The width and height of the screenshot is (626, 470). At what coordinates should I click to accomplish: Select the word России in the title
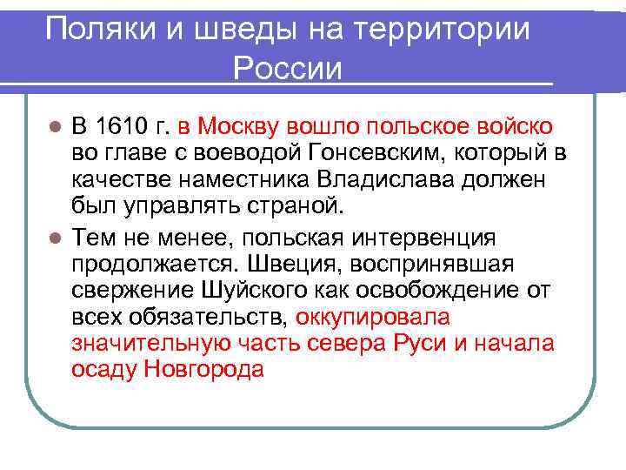point(288,68)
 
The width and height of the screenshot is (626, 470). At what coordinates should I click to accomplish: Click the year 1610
point(122,127)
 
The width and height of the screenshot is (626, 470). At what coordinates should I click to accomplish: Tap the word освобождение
point(448,291)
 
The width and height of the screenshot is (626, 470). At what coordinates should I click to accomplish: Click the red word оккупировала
point(373,318)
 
